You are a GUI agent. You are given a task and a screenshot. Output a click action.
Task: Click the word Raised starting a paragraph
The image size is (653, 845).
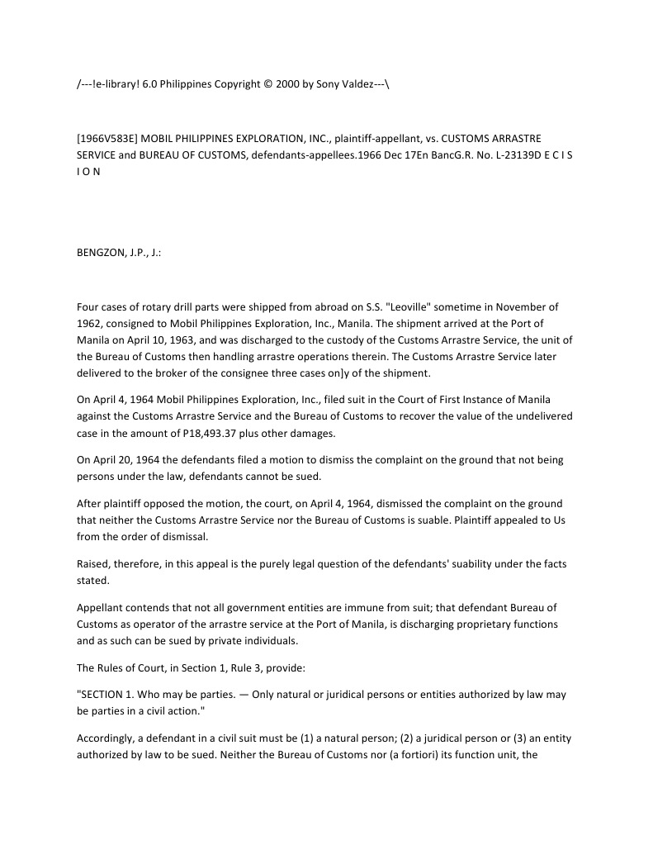pos(95,563)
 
